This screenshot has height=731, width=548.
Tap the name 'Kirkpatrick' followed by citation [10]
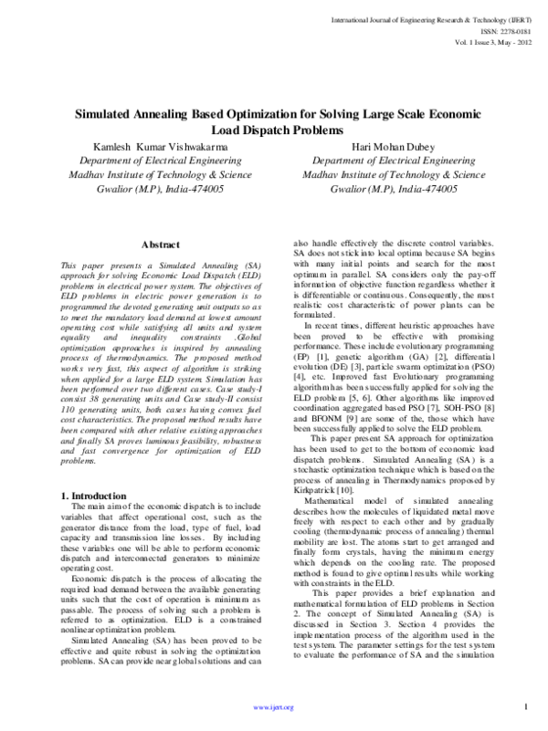316,465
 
